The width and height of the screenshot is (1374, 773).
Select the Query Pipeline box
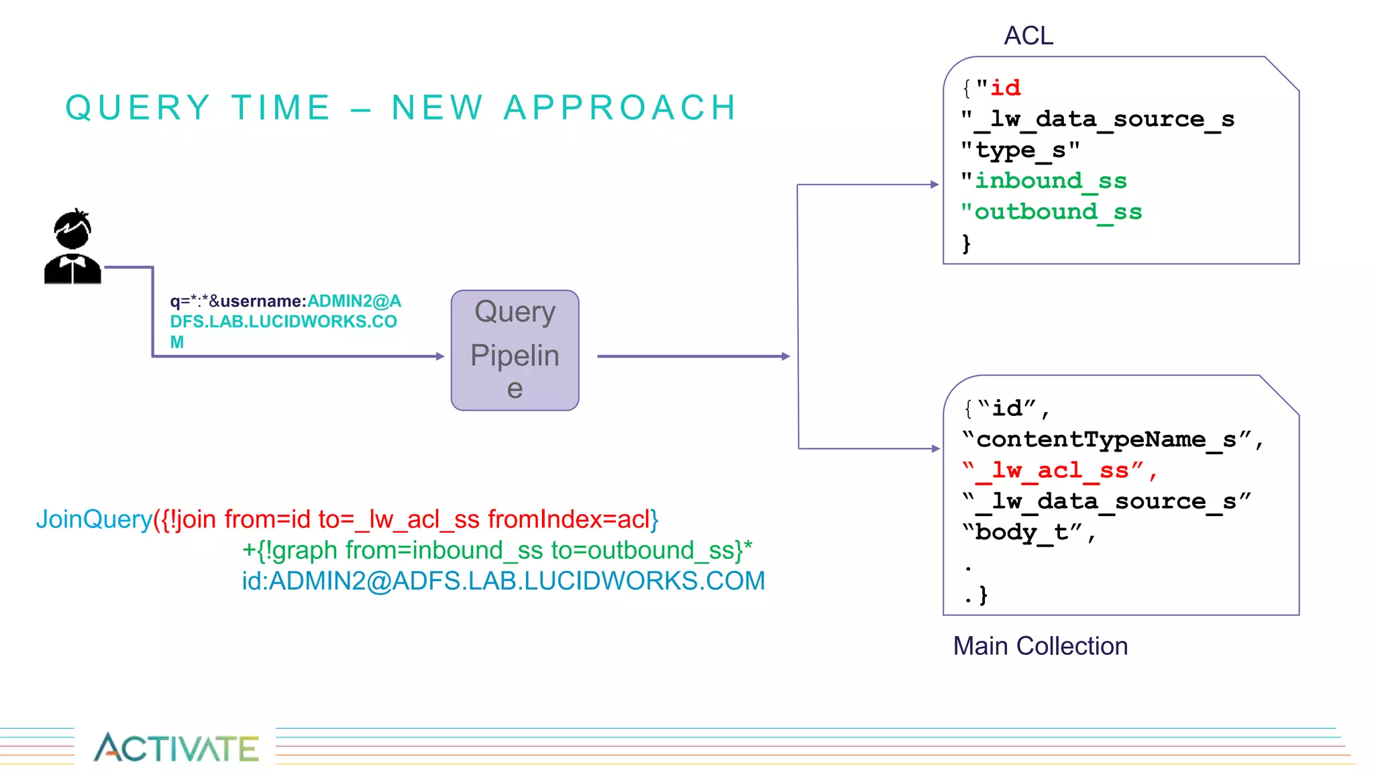tap(515, 350)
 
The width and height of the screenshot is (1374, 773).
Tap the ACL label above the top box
tap(1028, 36)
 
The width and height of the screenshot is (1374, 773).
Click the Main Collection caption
tap(1040, 646)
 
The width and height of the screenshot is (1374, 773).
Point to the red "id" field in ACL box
tap(1005, 88)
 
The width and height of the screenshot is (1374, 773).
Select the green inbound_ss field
tap(1050, 181)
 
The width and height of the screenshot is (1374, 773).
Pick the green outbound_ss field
tap(1057, 212)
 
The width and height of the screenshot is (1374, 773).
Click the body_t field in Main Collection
tap(1026, 532)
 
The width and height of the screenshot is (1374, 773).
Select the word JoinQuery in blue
tap(94, 519)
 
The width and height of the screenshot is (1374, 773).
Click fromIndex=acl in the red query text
tap(568, 519)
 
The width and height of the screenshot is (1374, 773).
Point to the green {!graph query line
tap(496, 550)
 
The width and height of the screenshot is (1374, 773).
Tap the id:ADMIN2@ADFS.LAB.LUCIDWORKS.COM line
tap(503, 581)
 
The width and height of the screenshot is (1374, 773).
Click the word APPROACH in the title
tap(621, 108)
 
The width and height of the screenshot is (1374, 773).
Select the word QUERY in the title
tap(138, 108)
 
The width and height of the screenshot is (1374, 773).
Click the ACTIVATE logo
tap(176, 748)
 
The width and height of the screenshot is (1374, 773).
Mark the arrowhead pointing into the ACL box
tap(935, 185)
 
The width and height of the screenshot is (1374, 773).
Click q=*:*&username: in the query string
tap(238, 301)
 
